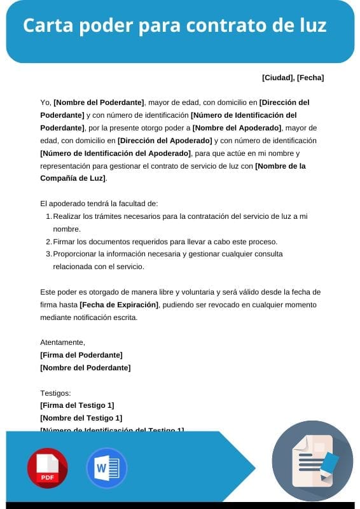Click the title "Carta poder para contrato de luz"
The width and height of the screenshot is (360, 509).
[x=175, y=26]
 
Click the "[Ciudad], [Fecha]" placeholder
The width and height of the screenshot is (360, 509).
[x=293, y=78]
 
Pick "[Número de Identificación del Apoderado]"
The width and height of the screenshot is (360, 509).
[x=115, y=153]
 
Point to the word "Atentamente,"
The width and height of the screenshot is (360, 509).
[x=62, y=342]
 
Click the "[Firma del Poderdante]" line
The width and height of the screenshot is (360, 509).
[x=81, y=355]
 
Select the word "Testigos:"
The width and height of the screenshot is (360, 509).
[x=55, y=393]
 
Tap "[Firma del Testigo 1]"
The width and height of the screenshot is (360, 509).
[x=77, y=405]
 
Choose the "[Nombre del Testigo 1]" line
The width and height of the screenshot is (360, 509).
[x=81, y=418]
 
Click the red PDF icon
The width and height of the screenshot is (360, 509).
[x=47, y=468]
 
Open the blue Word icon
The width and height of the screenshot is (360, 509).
[x=106, y=468]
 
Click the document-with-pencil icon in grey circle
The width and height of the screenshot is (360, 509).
[x=312, y=461]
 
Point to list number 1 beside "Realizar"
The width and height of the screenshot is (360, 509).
[x=48, y=216]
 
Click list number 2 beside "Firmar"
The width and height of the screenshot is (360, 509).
[x=48, y=242]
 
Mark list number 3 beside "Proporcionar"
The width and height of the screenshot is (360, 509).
[x=48, y=254]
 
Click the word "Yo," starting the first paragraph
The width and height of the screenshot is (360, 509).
[x=45, y=102]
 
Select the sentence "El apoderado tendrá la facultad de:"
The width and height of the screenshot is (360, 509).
[x=98, y=204]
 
